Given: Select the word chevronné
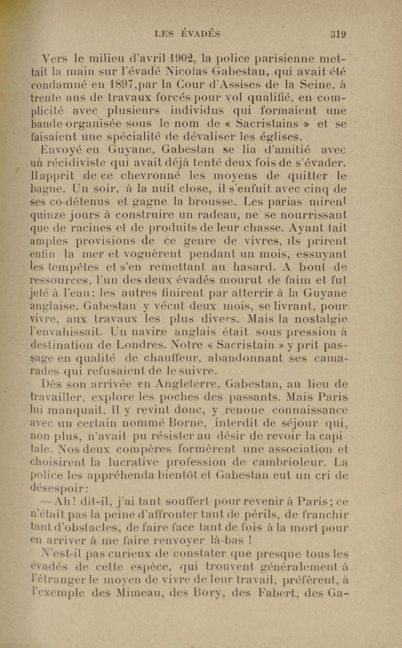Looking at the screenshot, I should [151, 176].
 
